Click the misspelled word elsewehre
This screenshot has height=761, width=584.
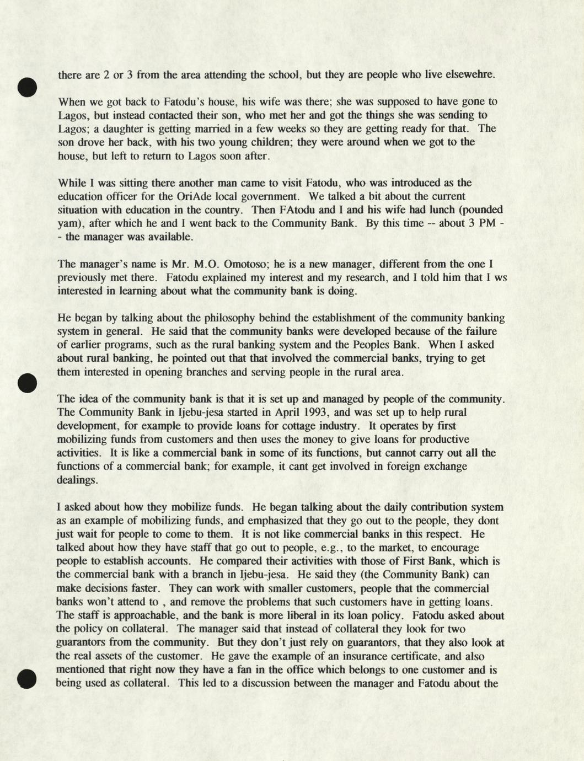[x=472, y=74]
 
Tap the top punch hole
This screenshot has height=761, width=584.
[x=26, y=87]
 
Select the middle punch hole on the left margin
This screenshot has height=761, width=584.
[x=26, y=382]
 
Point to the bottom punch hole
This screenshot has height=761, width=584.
[x=26, y=678]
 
